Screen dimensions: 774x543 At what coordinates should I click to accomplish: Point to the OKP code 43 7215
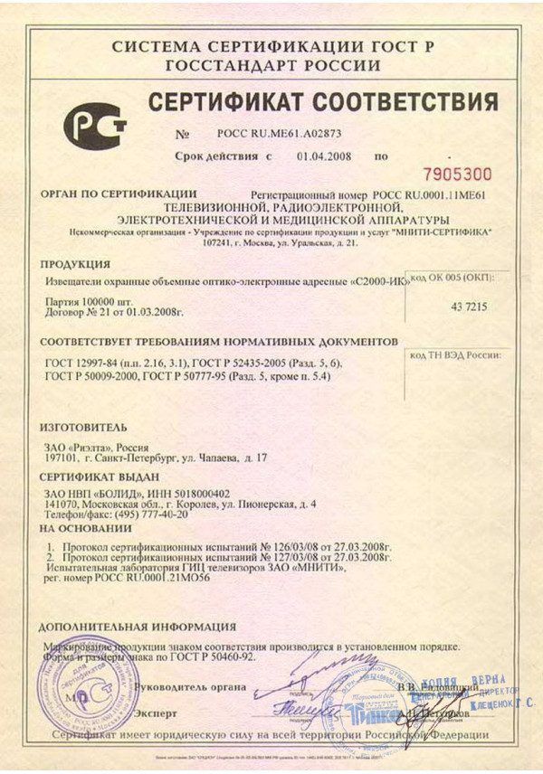point(468,307)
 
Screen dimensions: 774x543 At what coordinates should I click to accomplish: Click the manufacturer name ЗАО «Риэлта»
point(85,446)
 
